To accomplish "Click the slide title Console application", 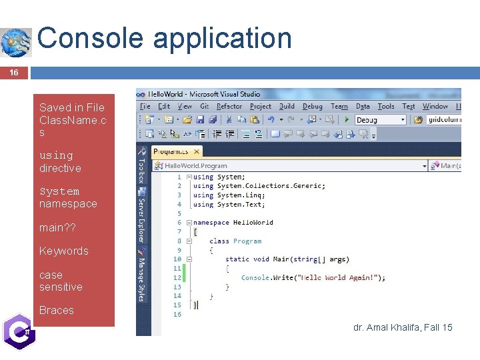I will [x=165, y=38].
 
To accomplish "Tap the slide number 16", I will [x=14, y=73].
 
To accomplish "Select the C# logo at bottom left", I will [x=18, y=331].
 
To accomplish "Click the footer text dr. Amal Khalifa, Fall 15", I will [x=403, y=327].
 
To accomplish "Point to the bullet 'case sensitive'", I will [x=61, y=281].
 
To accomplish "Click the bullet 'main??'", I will [x=57, y=228].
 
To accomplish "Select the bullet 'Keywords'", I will [x=63, y=251].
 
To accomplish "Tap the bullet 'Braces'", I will [x=57, y=310].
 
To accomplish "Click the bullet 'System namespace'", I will [x=67, y=197].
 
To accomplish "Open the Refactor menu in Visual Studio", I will [x=229, y=107].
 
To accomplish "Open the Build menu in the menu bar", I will [x=287, y=107].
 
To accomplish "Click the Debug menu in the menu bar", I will [x=312, y=107].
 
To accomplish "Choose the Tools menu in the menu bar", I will [x=386, y=107].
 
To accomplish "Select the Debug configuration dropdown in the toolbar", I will [x=380, y=120].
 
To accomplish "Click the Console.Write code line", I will [x=313, y=278].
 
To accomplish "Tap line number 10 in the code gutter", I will [x=177, y=259].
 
